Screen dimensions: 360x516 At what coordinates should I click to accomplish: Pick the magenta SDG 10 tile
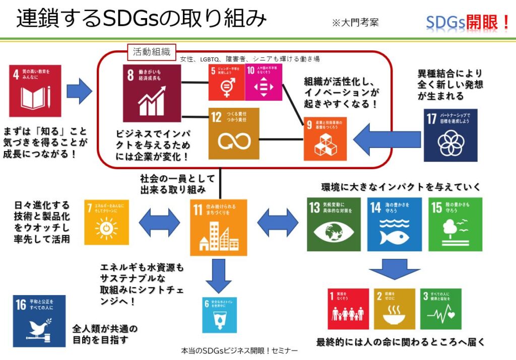(264, 82)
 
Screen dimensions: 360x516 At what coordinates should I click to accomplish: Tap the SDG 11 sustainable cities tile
(219, 227)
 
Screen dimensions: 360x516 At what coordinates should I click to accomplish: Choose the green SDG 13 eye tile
(334, 224)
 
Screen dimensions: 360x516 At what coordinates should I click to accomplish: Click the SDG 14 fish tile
(395, 224)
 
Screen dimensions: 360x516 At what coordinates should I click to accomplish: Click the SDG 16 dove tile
(39, 321)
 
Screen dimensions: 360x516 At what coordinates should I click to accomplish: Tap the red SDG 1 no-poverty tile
(348, 309)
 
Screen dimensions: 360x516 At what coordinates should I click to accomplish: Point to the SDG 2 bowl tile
(395, 309)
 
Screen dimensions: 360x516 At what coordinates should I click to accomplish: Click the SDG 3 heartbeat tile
(441, 309)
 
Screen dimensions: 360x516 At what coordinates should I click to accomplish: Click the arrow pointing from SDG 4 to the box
(79, 91)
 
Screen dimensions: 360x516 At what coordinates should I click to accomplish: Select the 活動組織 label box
(151, 51)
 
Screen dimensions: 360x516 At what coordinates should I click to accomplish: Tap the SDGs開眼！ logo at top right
(468, 22)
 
